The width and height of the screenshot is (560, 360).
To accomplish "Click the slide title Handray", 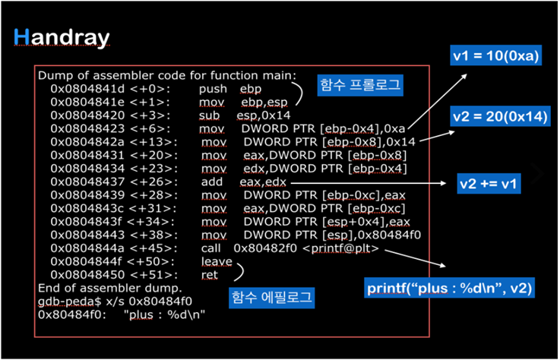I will point(62,37).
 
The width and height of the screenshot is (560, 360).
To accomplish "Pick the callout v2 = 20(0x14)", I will point(501,117).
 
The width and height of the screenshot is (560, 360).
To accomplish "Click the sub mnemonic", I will point(210,115).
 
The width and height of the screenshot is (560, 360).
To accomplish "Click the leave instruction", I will point(216,262).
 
